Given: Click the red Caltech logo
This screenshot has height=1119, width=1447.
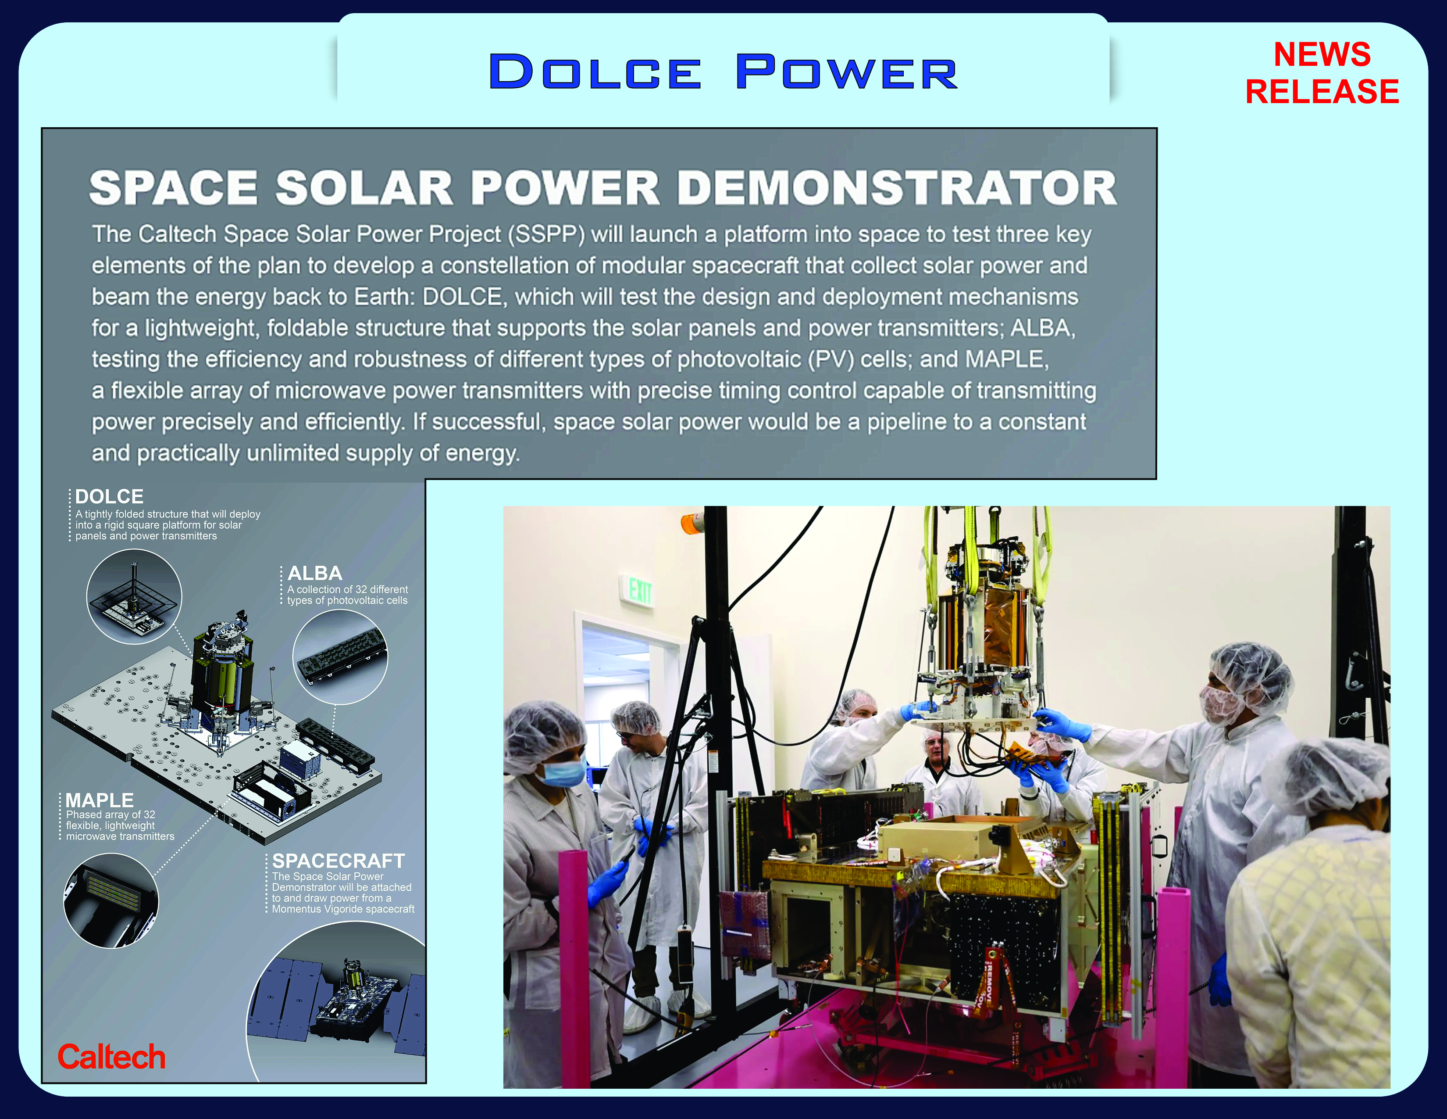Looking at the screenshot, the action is click(111, 1057).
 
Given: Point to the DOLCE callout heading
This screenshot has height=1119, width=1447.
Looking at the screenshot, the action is click(109, 496).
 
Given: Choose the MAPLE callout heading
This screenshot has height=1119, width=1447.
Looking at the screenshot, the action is click(100, 800).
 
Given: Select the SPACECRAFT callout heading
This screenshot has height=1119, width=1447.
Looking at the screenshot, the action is click(339, 861).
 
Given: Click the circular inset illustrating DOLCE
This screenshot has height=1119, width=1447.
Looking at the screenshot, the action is click(134, 597).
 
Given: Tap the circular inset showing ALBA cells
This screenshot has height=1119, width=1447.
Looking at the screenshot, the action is click(340, 656).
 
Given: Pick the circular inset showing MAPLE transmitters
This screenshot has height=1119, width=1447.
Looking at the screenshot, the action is click(111, 900).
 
